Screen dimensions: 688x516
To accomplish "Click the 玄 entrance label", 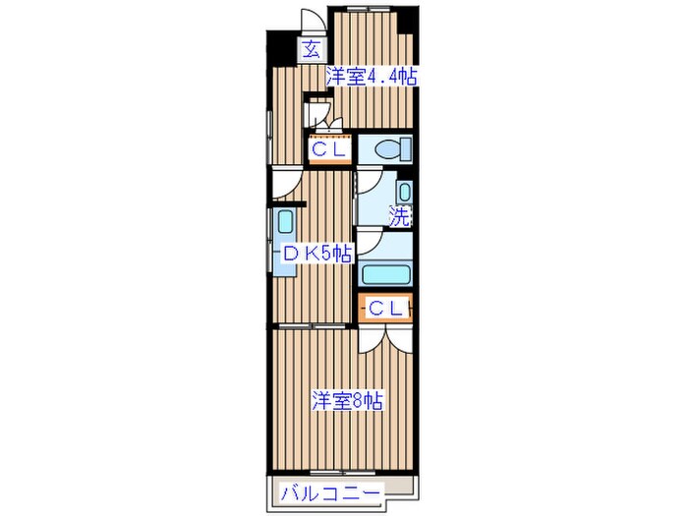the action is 312,49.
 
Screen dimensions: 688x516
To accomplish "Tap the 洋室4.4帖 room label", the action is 371,78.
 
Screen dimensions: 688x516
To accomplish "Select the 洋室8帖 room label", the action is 347,400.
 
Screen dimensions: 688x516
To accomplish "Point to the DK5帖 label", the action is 317,254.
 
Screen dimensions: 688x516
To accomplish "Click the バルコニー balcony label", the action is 330,494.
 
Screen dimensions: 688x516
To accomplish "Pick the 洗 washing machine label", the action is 400,216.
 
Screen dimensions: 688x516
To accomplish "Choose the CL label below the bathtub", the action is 385,309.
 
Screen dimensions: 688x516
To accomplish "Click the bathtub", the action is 385,274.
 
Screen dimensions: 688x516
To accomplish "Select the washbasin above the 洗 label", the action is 404,193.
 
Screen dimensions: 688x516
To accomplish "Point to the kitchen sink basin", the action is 285,222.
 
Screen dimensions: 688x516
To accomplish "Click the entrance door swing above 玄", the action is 312,20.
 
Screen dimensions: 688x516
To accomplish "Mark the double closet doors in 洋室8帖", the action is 385,339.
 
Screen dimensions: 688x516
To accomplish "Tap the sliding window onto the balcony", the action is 343,473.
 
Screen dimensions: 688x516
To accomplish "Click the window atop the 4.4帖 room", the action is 365,8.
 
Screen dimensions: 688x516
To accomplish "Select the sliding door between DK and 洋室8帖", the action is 313,325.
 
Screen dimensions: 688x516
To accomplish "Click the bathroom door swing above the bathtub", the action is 369,242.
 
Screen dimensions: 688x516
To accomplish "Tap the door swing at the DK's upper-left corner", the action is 285,185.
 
